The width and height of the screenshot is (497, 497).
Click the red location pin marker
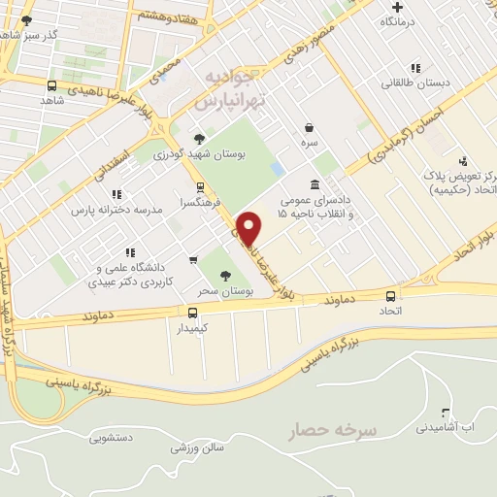coord(250,227)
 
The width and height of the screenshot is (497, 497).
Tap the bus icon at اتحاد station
coord(391,295)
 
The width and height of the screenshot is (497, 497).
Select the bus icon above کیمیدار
coord(191,313)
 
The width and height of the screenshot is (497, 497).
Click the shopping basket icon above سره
coord(310,127)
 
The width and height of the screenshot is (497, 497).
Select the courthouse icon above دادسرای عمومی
coord(314,184)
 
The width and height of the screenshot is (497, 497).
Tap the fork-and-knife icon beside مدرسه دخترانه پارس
coord(116,194)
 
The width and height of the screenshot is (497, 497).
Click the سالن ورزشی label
coord(197,447)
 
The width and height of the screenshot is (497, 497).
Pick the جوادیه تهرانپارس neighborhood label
coord(227,87)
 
